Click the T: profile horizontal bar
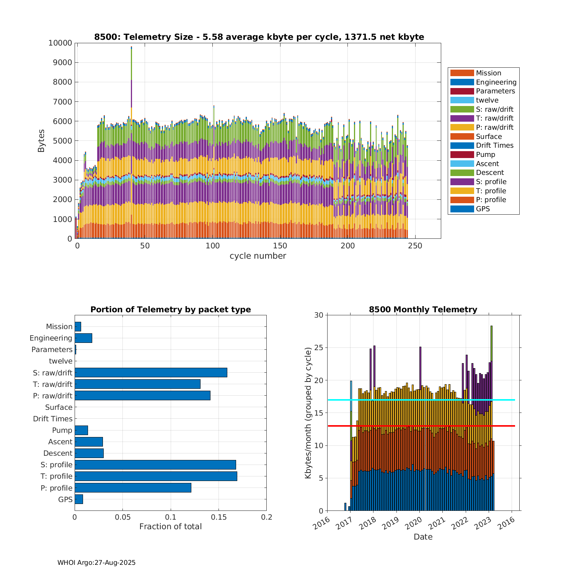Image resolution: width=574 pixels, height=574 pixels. pos(156,476)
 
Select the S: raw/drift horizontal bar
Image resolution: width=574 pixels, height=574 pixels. pos(151,372)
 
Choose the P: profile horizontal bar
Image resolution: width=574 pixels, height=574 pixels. pos(133,488)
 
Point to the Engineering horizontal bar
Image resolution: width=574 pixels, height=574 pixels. pos(83,338)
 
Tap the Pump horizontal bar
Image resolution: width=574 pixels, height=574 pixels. pos(81,430)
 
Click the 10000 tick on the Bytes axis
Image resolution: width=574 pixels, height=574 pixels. pos(60,43)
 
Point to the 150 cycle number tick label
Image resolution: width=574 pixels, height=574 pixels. pos(280,246)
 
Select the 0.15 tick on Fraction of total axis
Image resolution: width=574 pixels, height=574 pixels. pos(219,517)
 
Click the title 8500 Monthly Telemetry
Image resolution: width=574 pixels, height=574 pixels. pos(423,310)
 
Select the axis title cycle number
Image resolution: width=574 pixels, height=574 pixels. pos(258,256)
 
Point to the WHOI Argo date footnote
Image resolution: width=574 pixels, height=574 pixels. pos(96,563)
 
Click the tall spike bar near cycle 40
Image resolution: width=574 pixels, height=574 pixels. pos(131,77)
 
